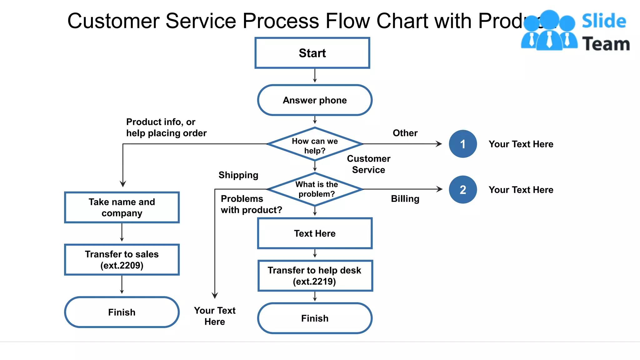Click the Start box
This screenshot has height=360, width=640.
[x=312, y=53]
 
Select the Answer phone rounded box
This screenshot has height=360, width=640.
[x=315, y=100]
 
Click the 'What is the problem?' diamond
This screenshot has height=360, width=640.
[x=316, y=189]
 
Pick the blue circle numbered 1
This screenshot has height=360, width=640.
[x=463, y=144]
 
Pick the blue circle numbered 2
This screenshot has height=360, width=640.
[x=463, y=189]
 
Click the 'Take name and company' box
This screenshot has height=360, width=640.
[x=122, y=207]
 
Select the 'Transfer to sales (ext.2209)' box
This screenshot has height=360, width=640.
[x=122, y=259]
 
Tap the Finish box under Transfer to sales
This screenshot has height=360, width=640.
[x=122, y=312]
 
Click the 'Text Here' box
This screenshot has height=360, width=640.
[x=315, y=233]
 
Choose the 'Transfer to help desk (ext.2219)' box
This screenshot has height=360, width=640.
[x=315, y=276]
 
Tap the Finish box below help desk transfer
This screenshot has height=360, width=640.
[x=315, y=318]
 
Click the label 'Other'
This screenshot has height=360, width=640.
[x=405, y=133]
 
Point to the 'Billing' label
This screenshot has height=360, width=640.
[x=405, y=198]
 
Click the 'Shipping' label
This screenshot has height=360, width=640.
[x=238, y=175]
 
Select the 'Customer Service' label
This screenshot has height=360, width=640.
[x=368, y=164]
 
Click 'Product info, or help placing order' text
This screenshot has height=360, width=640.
[x=166, y=127]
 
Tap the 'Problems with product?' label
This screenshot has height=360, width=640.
[x=251, y=204]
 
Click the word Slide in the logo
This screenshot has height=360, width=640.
[x=604, y=21]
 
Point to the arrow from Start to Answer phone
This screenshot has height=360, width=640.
[x=315, y=76]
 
